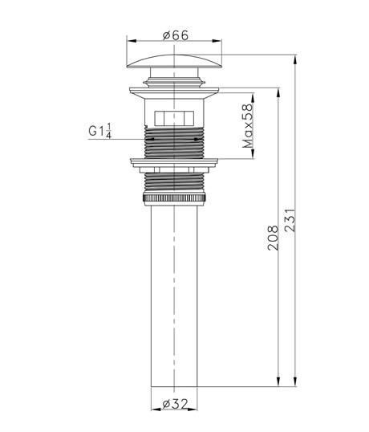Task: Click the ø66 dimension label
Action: [174, 35]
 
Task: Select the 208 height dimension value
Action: [273, 238]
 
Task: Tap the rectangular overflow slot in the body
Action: [174, 117]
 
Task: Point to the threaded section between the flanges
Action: [174, 143]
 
